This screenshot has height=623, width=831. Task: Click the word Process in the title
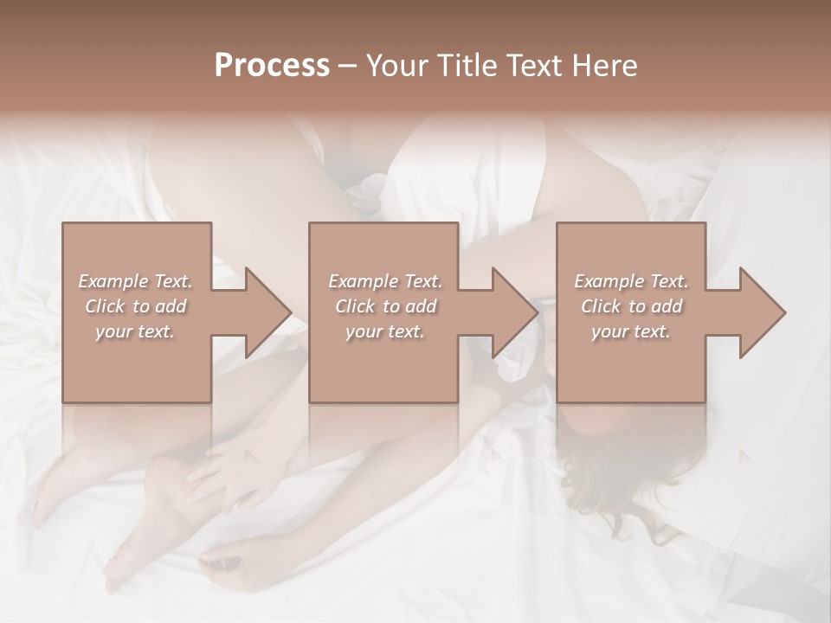pyautogui.click(x=272, y=66)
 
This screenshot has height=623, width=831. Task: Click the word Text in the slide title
pyautogui.click(x=531, y=66)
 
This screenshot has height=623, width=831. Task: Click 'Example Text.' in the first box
pyautogui.click(x=135, y=281)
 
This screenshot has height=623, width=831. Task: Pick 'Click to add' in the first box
pyautogui.click(x=135, y=306)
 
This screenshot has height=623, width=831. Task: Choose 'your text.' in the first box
pyautogui.click(x=135, y=331)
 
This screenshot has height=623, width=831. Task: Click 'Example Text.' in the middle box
pyautogui.click(x=384, y=281)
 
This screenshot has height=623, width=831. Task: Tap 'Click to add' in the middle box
pyautogui.click(x=384, y=306)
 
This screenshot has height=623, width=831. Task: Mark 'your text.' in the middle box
pyautogui.click(x=384, y=331)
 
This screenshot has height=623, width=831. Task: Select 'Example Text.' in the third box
pyautogui.click(x=631, y=281)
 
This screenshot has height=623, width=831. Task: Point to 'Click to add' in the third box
pyautogui.click(x=631, y=306)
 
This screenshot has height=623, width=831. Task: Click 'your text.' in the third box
pyautogui.click(x=631, y=331)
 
